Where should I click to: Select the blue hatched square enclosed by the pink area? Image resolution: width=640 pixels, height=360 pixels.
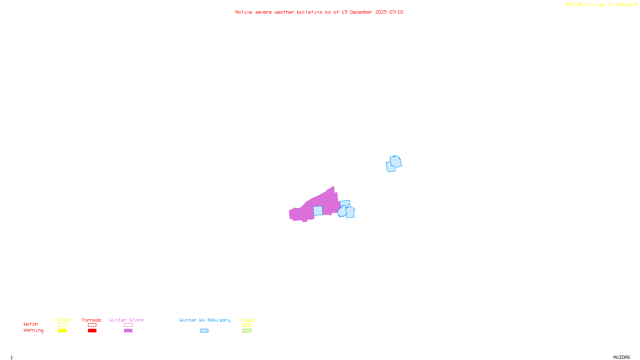coord(318,211)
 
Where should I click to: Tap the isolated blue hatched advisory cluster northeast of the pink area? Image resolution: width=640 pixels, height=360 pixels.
coord(394,164)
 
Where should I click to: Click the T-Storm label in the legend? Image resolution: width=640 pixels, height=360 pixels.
coord(62,320)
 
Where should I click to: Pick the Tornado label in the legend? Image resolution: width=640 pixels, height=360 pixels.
coord(92,320)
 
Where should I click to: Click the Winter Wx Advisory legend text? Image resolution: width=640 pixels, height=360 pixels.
coord(205,320)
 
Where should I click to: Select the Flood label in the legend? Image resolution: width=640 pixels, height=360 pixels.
coord(247,320)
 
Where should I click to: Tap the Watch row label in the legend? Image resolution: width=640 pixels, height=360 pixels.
coord(31,324)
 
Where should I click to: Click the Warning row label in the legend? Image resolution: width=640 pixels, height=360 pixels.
coord(33,330)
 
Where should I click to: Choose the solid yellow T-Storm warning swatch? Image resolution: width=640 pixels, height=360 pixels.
coord(62,331)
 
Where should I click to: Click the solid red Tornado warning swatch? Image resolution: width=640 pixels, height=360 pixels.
coord(92,331)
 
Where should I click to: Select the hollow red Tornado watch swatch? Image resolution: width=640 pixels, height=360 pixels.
coord(92,325)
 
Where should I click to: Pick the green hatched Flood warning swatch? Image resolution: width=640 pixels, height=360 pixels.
coord(247,331)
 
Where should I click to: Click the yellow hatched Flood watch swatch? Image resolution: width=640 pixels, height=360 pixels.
coord(247,325)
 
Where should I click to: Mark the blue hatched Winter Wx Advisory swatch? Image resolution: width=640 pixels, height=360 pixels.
coord(204,331)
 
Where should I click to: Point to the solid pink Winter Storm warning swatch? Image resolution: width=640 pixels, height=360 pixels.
coord(128,331)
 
